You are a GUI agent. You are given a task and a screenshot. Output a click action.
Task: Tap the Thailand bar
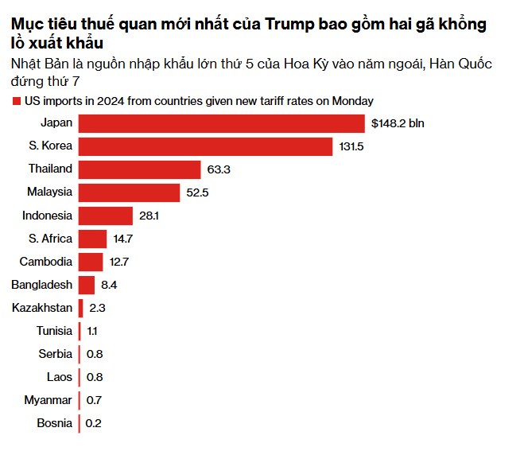tap(139, 169)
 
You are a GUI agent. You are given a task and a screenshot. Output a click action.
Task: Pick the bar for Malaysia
tap(129, 192)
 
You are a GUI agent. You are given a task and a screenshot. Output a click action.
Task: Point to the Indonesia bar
tap(105, 216)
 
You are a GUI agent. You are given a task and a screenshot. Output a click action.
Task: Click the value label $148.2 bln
tap(398, 123)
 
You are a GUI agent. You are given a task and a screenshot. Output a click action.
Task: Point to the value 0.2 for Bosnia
tap(94, 423)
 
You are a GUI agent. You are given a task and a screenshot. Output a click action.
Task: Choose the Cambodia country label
tap(46, 262)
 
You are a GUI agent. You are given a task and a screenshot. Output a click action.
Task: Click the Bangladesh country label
tap(42, 285)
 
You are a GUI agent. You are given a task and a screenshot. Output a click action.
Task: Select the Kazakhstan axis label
tap(42, 308)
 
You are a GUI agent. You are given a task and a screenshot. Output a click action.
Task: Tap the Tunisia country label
tap(54, 331)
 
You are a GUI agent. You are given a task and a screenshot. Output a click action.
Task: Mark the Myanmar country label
tap(49, 400)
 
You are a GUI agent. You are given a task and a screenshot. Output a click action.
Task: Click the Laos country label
tap(59, 377)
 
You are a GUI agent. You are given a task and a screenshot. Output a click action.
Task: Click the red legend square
tap(17, 101)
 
